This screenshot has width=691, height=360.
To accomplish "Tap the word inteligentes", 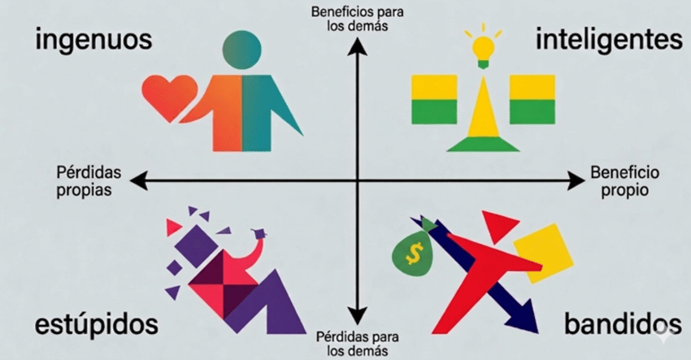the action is click(x=609, y=40).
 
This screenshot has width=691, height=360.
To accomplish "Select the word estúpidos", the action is click(x=97, y=324).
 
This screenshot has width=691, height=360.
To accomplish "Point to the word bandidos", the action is click(x=623, y=325).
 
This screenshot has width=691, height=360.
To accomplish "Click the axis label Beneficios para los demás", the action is click(x=358, y=19).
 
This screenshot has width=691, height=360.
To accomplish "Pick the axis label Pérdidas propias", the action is click(x=89, y=180).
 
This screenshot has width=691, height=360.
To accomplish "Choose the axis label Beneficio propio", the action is click(x=625, y=180).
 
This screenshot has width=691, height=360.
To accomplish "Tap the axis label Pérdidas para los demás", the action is click(x=358, y=344).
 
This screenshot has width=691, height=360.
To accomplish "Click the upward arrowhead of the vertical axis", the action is click(x=358, y=46).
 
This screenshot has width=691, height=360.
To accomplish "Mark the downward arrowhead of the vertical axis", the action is click(x=358, y=316).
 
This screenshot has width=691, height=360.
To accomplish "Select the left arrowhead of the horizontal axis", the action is click(x=139, y=180).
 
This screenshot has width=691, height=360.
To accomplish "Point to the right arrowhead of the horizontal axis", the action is click(x=576, y=180).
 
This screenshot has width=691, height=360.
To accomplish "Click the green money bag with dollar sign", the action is click(x=413, y=251).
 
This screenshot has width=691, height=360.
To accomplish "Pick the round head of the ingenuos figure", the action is click(x=242, y=50).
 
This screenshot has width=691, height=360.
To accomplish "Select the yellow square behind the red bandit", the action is click(x=544, y=253).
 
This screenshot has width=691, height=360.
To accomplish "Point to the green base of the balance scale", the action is click(x=483, y=145).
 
